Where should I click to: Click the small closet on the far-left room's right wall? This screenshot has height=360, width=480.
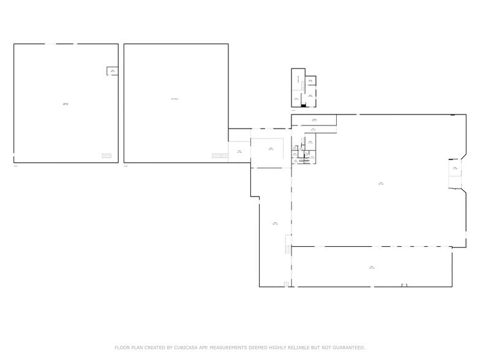113,72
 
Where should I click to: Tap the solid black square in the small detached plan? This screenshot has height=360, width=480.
303,105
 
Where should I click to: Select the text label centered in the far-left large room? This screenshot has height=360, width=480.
66,104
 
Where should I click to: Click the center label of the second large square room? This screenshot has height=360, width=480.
175,99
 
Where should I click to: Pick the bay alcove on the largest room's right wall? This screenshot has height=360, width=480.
455,168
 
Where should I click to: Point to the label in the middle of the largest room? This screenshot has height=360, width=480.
380,183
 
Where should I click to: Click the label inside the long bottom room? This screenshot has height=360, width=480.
372,268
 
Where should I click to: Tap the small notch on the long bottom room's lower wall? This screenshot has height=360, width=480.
404,285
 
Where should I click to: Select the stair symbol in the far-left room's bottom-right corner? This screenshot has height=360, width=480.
107,156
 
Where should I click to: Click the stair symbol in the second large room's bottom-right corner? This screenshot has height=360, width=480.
220,156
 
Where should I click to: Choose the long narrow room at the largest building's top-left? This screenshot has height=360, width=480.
314,120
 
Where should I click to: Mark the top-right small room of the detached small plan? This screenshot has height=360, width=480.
311,81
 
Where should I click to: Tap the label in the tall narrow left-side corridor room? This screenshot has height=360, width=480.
276,223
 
